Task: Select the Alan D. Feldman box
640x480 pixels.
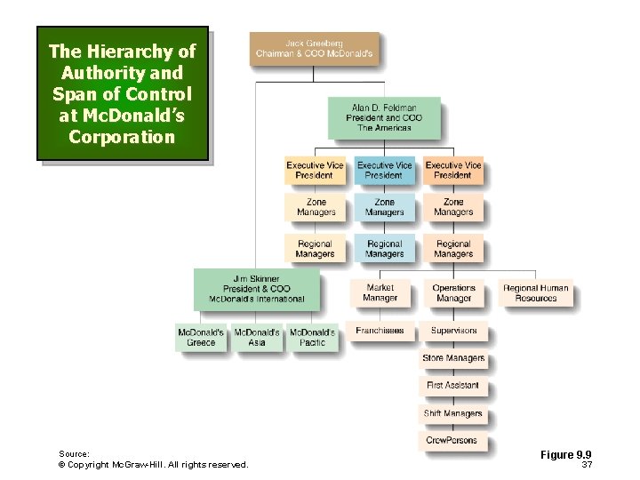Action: (x=383, y=118)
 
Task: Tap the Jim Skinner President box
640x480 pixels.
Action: (x=256, y=289)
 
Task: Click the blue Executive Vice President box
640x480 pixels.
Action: (x=384, y=171)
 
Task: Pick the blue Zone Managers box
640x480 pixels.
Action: (x=384, y=208)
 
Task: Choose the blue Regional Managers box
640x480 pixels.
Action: (x=384, y=249)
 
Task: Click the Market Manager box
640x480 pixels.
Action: (x=380, y=293)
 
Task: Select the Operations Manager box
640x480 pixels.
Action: (x=453, y=293)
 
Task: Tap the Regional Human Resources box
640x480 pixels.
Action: (x=535, y=293)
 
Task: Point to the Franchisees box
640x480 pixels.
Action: (x=380, y=331)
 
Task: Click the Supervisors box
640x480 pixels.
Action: (x=453, y=331)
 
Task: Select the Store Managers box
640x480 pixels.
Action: (x=453, y=358)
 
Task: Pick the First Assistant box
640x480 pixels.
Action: (x=453, y=386)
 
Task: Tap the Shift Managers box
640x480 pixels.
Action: (x=453, y=413)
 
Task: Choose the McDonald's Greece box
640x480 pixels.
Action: (x=202, y=338)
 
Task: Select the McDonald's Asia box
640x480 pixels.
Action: (x=257, y=338)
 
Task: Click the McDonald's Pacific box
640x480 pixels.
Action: (x=312, y=338)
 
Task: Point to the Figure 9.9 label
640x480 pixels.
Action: (x=565, y=455)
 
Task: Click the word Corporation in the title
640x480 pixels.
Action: (x=122, y=137)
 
